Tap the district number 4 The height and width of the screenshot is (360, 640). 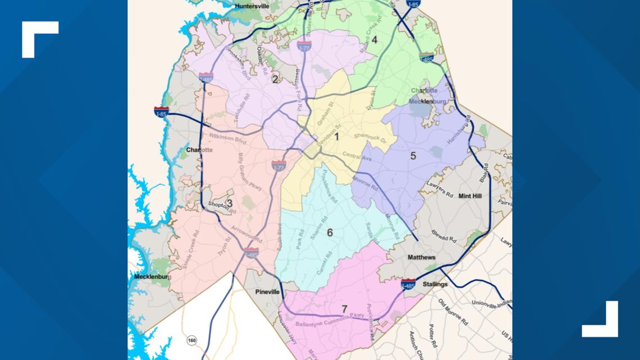[374, 40]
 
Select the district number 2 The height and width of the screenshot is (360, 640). [275, 79]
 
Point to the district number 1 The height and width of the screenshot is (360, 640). [337, 136]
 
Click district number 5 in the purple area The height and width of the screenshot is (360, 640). [413, 156]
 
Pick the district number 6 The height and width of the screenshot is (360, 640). [330, 233]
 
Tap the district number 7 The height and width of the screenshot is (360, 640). [344, 309]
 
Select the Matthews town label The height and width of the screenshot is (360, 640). [421, 257]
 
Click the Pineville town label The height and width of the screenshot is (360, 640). [267, 293]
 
